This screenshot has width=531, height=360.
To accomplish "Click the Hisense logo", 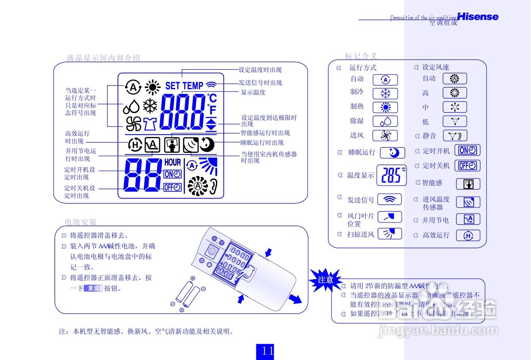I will coord(477,17).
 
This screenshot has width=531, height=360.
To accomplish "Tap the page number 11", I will coord(268,351).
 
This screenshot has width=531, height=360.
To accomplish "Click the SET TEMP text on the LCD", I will coord(184,86).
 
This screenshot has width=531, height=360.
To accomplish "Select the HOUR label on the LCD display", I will coord(173,162).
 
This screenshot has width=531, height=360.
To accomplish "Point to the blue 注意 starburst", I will coord(325,279).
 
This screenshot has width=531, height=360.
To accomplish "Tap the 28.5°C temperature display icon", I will coord(391,175).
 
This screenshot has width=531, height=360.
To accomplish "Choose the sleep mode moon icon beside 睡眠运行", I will coord(392,153).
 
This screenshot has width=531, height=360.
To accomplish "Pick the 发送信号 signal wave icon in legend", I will coord(389,200).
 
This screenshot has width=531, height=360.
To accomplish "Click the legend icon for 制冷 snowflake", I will coord(385,93).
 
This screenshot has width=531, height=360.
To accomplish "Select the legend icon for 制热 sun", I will coord(385,108).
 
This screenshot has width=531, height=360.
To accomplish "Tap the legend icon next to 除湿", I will coord(385,121).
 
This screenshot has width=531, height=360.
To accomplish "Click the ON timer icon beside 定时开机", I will coord(468,151).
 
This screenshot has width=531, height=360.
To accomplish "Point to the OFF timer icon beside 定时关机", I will coord(468,165).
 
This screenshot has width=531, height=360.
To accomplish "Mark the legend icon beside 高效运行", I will coord(468,235).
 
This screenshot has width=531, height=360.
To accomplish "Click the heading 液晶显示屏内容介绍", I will coord(103,58).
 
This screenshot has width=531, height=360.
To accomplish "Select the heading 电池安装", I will coord(80,222).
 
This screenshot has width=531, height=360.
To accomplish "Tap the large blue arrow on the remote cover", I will coord(295,298).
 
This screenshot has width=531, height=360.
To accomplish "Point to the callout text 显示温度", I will coord(253,93).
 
